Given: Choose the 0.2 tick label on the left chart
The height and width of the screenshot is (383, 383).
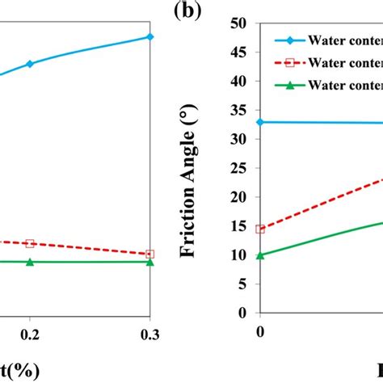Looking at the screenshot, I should (x=30, y=334).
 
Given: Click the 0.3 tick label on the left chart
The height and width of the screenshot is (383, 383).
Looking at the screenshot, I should (x=149, y=334).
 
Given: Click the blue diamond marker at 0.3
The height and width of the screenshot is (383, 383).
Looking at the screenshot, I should (x=150, y=36).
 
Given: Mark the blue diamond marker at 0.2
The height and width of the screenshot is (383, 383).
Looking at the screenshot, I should (x=30, y=63).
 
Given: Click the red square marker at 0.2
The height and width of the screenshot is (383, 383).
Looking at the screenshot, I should (x=30, y=243).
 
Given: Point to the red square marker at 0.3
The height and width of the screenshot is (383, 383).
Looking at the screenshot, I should (x=150, y=254).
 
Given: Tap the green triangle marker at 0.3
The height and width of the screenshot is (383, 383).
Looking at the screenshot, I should (x=150, y=262).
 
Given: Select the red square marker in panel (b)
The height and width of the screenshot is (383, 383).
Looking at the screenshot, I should (x=260, y=229).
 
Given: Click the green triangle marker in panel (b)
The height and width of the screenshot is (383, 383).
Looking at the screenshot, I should (x=260, y=255).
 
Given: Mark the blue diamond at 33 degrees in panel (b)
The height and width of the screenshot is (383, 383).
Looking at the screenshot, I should (x=260, y=122).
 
